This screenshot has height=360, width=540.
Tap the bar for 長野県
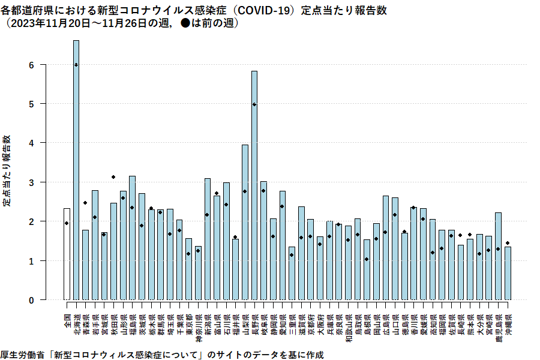pyautogui.click(x=254, y=185)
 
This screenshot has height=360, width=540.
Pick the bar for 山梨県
pyautogui.click(x=245, y=222)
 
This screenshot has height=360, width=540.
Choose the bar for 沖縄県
pyautogui.click(x=508, y=273)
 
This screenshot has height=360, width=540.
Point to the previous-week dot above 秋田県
pyautogui.click(x=113, y=177)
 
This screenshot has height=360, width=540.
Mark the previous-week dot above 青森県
pyautogui.click(x=85, y=203)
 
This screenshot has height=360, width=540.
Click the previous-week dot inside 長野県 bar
pyautogui.click(x=254, y=104)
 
